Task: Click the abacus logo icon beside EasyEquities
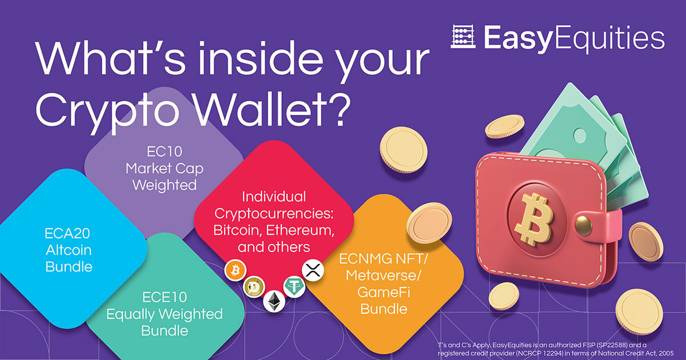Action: [462, 37]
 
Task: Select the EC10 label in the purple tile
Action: [165, 151]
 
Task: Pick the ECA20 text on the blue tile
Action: [67, 234]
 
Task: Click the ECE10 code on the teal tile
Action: [165, 297]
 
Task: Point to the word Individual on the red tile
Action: [274, 197]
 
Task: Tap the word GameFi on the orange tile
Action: [384, 292]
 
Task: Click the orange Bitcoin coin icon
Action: [235, 271]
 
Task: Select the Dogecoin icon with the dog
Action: [254, 287]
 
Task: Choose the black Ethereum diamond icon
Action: [274, 301]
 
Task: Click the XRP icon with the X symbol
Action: [313, 270]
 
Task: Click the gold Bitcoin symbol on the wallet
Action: [534, 219]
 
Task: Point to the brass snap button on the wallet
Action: [583, 225]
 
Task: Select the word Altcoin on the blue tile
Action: [69, 250]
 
